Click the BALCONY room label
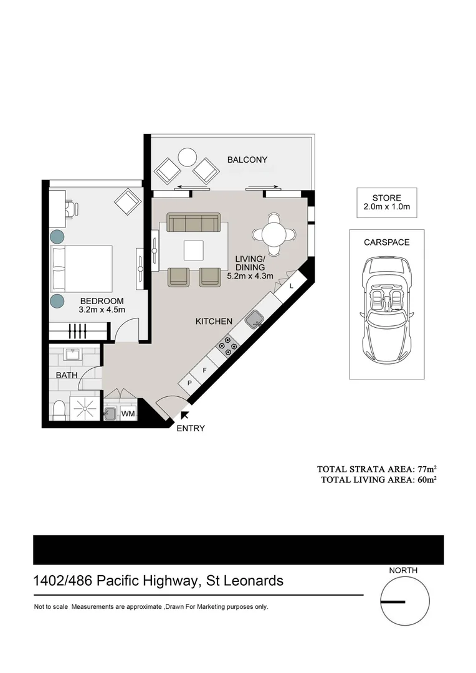point(247,160)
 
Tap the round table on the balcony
point(188,157)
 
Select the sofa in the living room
point(193,222)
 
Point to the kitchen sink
point(254,320)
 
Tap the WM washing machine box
point(128,414)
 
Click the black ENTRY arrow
point(184,415)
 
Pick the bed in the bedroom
point(81,268)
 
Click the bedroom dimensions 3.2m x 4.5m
point(102,310)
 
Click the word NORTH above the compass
point(403,570)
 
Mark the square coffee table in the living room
point(193,250)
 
